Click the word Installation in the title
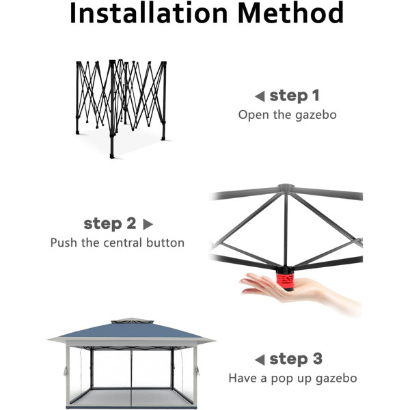[x=149, y=13]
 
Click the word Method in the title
[x=291, y=13]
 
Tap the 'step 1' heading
[x=295, y=96]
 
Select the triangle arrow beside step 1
[x=260, y=96]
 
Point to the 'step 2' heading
[x=110, y=223]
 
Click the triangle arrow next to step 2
[x=148, y=224]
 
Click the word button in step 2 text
[x=165, y=243]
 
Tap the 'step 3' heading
[x=296, y=359]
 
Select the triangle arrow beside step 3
[x=260, y=360]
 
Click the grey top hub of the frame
[x=286, y=187]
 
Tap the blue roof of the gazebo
[x=131, y=330]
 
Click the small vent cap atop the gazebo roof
[x=133, y=321]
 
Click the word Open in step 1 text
[x=254, y=115]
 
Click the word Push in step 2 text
[x=64, y=243]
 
